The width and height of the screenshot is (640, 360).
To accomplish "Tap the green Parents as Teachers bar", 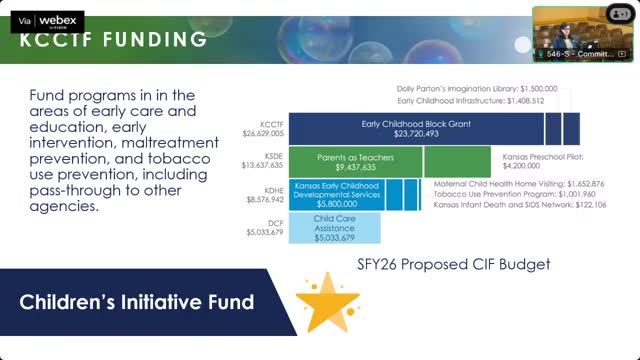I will (x=355, y=161).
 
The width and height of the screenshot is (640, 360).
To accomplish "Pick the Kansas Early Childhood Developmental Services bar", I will (x=336, y=193).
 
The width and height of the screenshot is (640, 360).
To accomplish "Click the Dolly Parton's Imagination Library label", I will (x=477, y=88).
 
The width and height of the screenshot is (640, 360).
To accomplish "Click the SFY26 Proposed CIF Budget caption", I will (x=454, y=265).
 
